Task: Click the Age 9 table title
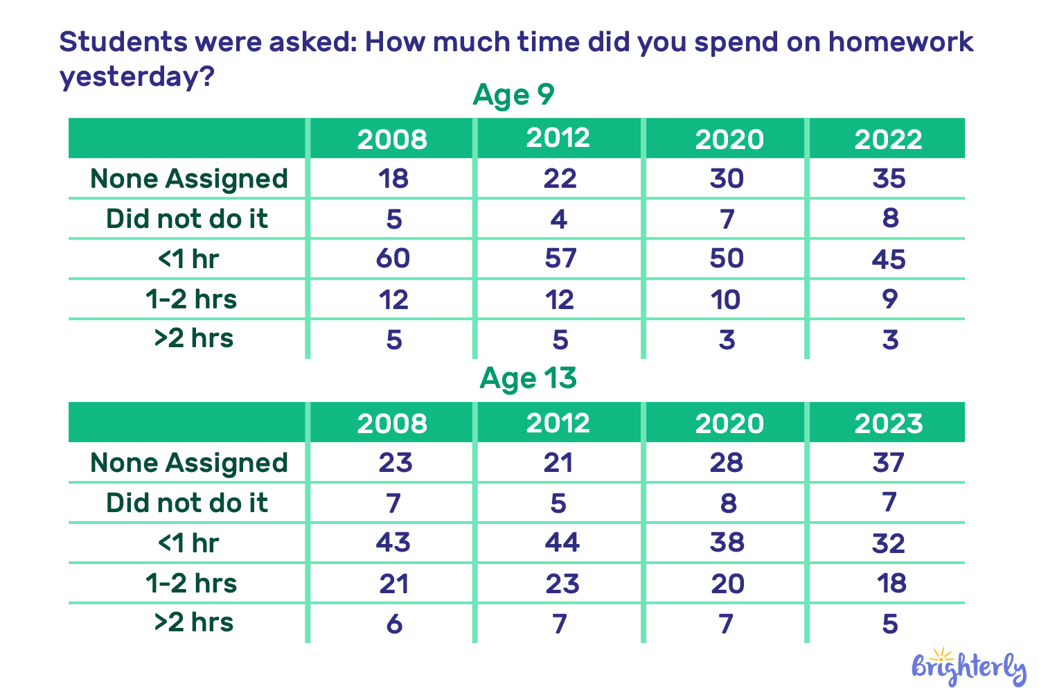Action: pyautogui.click(x=513, y=95)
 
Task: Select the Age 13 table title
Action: pyautogui.click(x=528, y=378)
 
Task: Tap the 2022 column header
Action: pyautogui.click(x=888, y=139)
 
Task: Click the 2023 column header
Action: pyautogui.click(x=888, y=423)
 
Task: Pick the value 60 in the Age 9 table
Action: pyautogui.click(x=393, y=258)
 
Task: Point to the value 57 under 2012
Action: pyautogui.click(x=560, y=258)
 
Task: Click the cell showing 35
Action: pyautogui.click(x=889, y=179)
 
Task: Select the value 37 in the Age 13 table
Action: pyautogui.click(x=889, y=463)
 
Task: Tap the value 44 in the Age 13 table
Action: pyautogui.click(x=561, y=543)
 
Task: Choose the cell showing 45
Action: pyautogui.click(x=889, y=260)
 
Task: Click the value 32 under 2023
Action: pyautogui.click(x=889, y=543)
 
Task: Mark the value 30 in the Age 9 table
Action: pyautogui.click(x=727, y=179)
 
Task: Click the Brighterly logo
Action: pyautogui.click(x=968, y=668)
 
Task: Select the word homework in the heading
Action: pyautogui.click(x=900, y=42)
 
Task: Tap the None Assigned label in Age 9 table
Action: pyautogui.click(x=188, y=179)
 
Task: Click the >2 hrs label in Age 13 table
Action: pyautogui.click(x=193, y=622)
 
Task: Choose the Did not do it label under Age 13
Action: pyautogui.click(x=187, y=503)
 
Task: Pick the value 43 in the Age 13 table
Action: pyautogui.click(x=393, y=543)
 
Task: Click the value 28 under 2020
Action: pyautogui.click(x=727, y=463)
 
